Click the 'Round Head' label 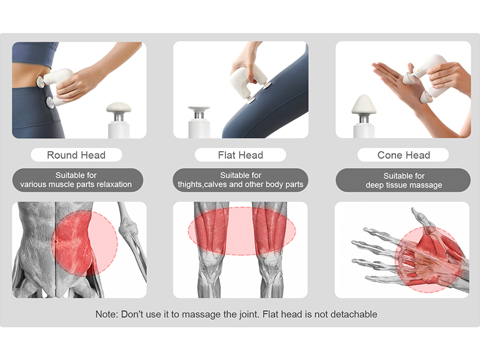click(x=76, y=155)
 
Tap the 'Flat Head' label click(x=241, y=155)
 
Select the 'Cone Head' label click(x=404, y=155)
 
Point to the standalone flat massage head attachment click(x=199, y=122)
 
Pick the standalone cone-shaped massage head click(x=364, y=116)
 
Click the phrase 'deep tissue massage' click(x=404, y=185)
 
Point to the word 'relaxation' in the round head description click(x=114, y=184)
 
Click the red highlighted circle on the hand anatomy click(x=428, y=260)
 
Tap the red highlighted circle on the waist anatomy click(x=84, y=244)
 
